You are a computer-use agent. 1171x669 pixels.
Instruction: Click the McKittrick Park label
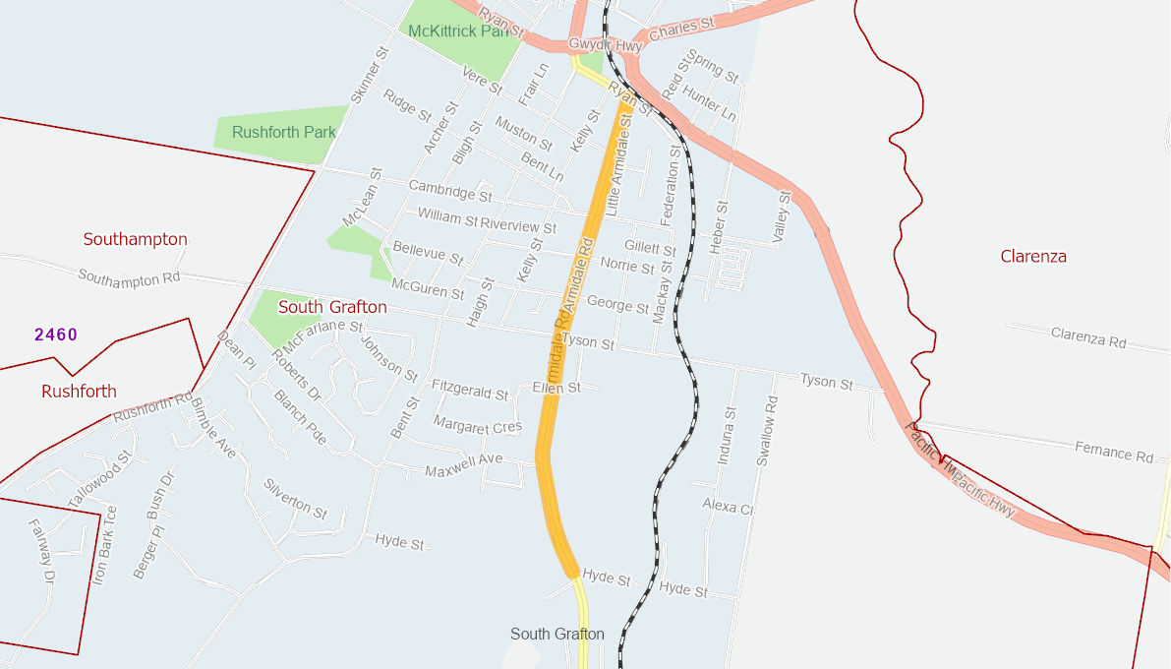click(464, 31)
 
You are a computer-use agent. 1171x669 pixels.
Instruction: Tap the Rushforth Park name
click(284, 132)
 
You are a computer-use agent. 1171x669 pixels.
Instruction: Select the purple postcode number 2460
click(56, 334)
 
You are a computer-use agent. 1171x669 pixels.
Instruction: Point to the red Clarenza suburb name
click(1033, 257)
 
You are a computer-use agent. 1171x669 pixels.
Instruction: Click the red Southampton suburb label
click(135, 239)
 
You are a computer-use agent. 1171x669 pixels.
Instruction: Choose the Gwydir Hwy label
click(605, 45)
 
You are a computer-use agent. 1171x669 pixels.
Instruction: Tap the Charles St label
click(681, 29)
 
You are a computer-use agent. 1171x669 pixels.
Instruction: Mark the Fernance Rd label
click(1113, 454)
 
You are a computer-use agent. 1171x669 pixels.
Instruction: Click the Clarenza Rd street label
click(1088, 339)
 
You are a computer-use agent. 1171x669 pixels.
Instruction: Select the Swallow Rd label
click(767, 431)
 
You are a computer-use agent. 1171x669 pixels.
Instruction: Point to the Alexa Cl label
click(727, 506)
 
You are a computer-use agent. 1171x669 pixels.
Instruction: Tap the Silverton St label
click(295, 499)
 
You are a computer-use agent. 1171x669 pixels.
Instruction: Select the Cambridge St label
click(441, 187)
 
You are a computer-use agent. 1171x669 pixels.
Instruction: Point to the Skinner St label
click(370, 74)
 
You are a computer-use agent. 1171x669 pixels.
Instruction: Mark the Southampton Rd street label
click(129, 278)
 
